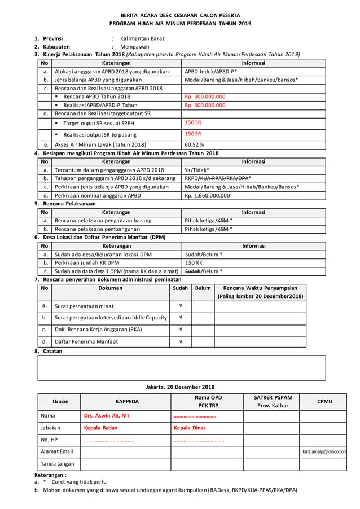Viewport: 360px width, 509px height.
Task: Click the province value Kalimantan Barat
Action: pos(142,38)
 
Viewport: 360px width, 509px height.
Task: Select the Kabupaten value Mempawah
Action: pos(135,47)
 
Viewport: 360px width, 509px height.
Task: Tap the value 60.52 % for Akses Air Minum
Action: pos(195,144)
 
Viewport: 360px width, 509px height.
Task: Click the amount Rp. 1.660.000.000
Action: pos(207,195)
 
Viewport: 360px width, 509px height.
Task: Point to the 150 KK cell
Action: pos(194,263)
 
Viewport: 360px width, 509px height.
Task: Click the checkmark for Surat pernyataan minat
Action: pos(180,306)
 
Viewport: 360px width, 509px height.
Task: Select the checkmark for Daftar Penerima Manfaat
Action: pos(180,341)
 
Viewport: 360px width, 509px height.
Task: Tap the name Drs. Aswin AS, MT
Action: pos(107,416)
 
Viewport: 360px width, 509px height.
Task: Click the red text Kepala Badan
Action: pos(100,428)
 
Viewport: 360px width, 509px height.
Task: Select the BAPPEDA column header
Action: pos(126,402)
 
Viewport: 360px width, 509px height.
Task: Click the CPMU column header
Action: pos(324,402)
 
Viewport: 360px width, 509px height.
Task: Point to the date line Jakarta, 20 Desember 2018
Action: pos(180,387)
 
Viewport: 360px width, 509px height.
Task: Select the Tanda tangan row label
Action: pos(58,464)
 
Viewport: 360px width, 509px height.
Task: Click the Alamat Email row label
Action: pos(58,451)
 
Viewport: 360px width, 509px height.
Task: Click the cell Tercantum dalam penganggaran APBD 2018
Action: pos(109,170)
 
